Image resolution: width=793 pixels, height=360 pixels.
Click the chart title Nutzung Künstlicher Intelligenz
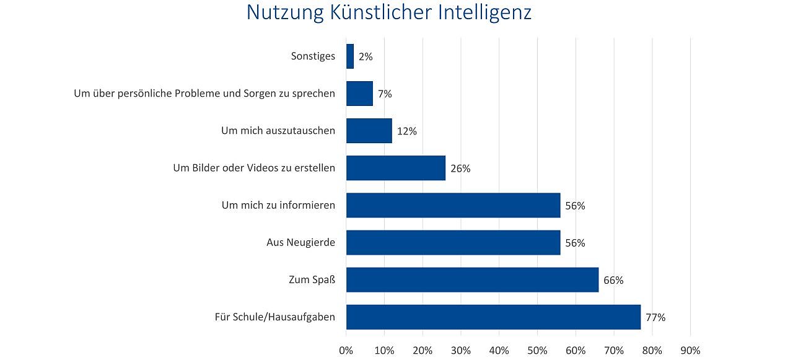click(x=389, y=12)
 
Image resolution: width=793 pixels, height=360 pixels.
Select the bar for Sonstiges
click(x=350, y=56)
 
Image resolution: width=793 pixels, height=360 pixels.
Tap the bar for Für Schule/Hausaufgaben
click(x=493, y=317)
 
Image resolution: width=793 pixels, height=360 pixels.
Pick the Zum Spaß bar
click(x=472, y=279)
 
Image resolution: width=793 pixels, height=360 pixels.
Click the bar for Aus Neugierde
click(x=453, y=242)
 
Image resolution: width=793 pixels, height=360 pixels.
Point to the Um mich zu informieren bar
click(x=453, y=205)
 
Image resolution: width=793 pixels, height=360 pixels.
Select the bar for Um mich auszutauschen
click(x=369, y=131)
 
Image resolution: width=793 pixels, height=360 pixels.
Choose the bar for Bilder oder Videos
click(x=396, y=168)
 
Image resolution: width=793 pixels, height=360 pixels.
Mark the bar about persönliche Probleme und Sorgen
click(x=359, y=94)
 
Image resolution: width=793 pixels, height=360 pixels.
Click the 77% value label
click(x=655, y=317)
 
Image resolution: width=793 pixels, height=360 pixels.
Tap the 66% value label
click(x=613, y=280)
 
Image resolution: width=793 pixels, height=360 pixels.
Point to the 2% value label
click(x=366, y=57)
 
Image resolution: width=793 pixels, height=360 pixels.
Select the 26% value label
click(x=460, y=169)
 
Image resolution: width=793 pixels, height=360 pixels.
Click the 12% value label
click(x=407, y=131)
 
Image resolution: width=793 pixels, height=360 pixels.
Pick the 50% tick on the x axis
click(x=537, y=350)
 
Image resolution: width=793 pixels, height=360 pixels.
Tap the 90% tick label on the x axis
click(x=690, y=350)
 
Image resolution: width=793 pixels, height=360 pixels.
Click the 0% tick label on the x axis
click(x=346, y=350)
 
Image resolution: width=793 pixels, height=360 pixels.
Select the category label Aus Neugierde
click(x=300, y=242)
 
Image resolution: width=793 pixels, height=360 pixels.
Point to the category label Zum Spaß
click(x=312, y=279)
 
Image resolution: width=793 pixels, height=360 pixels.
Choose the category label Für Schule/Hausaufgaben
click(x=274, y=317)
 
